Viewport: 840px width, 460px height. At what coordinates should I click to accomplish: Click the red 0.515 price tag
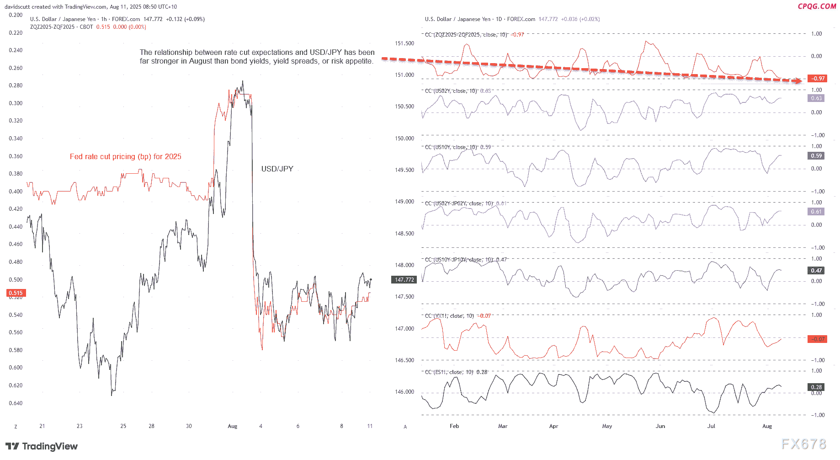pos(16,293)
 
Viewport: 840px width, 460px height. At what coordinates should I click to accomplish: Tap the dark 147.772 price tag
pos(404,280)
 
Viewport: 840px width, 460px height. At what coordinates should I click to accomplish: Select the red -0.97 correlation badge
pos(818,79)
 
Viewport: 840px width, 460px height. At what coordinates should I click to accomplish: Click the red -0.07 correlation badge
pos(818,339)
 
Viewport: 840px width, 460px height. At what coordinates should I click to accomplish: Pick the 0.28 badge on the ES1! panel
pos(816,387)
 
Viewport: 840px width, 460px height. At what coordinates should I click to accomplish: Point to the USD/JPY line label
pos(277,169)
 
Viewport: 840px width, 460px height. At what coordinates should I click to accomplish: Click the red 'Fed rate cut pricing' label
pos(125,156)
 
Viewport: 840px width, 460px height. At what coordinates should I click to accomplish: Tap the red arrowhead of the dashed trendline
pos(798,81)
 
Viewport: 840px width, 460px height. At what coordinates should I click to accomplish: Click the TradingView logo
pos(42,446)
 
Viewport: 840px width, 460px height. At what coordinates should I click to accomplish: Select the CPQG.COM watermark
pos(817,6)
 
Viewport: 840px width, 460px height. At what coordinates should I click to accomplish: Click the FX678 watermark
pos(803,444)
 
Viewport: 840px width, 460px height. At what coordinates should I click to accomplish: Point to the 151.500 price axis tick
pos(404,43)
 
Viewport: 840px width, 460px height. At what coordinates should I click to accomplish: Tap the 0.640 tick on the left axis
pos(16,403)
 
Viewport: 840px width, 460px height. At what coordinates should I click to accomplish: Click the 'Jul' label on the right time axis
pos(711,426)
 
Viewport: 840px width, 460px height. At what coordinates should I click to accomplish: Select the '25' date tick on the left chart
pos(123,426)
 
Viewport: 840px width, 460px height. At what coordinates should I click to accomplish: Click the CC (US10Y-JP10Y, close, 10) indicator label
pos(465,260)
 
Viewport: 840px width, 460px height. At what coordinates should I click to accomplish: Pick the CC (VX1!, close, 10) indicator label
pos(457,316)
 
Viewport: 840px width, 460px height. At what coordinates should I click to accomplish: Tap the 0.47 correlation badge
pos(816,271)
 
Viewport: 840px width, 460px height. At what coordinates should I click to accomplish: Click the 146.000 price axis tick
pos(404,392)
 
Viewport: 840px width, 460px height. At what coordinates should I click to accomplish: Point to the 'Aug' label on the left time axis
pos(232,426)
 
